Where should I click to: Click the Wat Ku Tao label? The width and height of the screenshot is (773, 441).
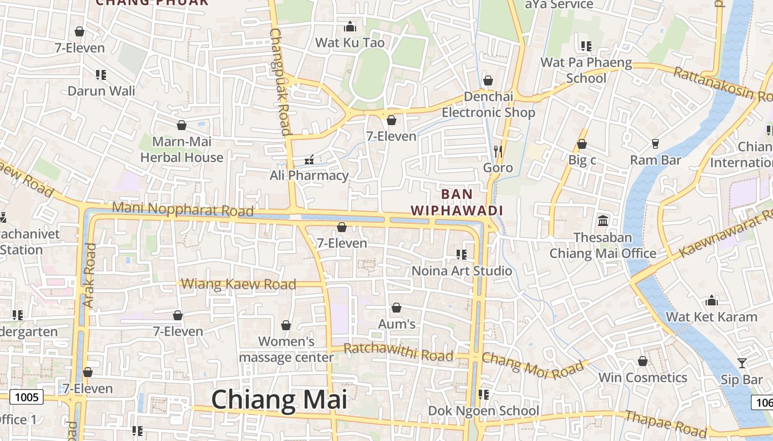350,42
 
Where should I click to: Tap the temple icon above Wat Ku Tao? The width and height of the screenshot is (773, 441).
350,26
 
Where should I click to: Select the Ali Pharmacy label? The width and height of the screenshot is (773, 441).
309,176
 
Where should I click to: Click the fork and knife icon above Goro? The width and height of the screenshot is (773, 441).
498,151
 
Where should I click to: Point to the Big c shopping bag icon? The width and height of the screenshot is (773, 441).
581,144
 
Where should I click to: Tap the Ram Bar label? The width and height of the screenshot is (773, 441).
655,160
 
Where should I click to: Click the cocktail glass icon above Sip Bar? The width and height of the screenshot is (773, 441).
742,363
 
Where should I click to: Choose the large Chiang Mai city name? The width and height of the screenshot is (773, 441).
279,400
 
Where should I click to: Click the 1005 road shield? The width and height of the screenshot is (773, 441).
26,397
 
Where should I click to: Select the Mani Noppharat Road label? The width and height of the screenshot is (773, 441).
183,209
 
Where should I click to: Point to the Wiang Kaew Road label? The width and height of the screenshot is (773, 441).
239,284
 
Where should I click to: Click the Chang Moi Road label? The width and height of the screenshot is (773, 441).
533,365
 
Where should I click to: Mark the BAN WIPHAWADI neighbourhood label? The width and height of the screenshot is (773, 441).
457,202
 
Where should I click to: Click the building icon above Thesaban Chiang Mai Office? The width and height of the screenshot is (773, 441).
603,221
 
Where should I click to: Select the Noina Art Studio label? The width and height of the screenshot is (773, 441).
462,271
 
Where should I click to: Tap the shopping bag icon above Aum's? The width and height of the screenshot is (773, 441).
396,308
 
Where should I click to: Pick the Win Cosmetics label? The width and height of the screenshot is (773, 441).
643,378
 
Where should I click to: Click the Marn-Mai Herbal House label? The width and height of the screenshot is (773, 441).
182,149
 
